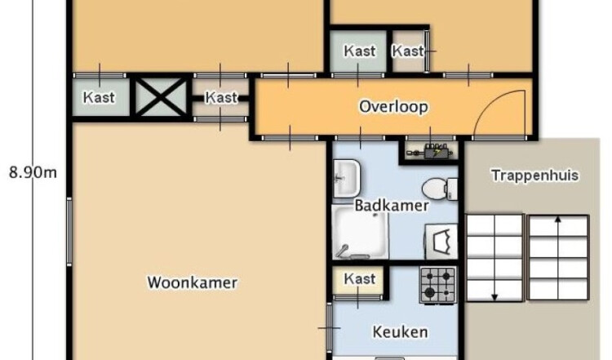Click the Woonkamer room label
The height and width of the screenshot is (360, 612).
pyautogui.click(x=192, y=282)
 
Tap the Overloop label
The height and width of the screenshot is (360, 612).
pyautogui.click(x=393, y=107)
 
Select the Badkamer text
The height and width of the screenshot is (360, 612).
pyautogui.click(x=392, y=206)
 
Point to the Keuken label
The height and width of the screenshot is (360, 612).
pyautogui.click(x=400, y=332)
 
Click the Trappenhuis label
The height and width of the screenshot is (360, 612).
pyautogui.click(x=534, y=176)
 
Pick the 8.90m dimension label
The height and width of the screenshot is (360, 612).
pyautogui.click(x=33, y=172)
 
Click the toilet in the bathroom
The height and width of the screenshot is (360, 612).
pyautogui.click(x=440, y=189)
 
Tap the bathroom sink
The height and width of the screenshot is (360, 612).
pyautogui.click(x=347, y=179)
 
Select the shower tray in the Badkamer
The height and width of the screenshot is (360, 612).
pyautogui.click(x=360, y=233)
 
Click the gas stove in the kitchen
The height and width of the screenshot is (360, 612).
pyautogui.click(x=437, y=285)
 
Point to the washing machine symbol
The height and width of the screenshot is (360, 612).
pyautogui.click(x=441, y=242)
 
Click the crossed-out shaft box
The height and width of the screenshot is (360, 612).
pyautogui.click(x=161, y=97)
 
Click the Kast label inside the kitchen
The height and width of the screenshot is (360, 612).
pyautogui.click(x=360, y=279)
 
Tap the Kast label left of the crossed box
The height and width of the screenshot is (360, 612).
pyautogui.click(x=99, y=97)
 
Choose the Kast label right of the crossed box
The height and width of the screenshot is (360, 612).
pyautogui.click(x=221, y=97)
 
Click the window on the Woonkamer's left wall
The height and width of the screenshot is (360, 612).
pyautogui.click(x=69, y=232)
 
